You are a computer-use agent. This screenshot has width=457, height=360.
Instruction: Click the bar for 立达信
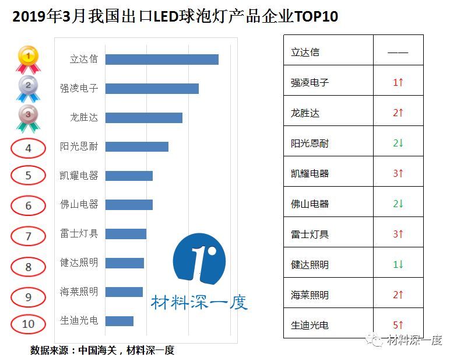click(161, 60)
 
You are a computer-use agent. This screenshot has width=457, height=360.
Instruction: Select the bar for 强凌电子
click(152, 89)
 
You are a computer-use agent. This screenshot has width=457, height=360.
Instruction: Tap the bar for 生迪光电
click(119, 321)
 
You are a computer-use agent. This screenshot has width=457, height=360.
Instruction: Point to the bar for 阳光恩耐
click(136, 146)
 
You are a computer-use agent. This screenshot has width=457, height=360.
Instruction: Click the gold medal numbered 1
click(29, 59)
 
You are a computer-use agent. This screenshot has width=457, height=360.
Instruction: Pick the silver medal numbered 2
click(29, 89)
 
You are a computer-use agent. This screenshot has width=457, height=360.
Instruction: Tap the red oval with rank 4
click(28, 148)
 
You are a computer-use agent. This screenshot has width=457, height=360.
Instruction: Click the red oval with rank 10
click(28, 324)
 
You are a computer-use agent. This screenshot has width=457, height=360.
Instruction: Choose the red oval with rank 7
click(28, 236)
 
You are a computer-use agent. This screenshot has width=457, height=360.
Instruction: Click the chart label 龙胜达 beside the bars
click(84, 117)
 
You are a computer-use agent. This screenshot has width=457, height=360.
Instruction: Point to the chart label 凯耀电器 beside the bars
click(79, 176)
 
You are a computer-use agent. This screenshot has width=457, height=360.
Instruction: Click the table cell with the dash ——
click(398, 52)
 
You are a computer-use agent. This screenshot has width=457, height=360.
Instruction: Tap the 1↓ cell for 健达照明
click(398, 264)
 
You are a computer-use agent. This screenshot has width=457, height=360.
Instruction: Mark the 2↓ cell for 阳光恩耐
click(398, 143)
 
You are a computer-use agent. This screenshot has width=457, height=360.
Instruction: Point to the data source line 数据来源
click(103, 350)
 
